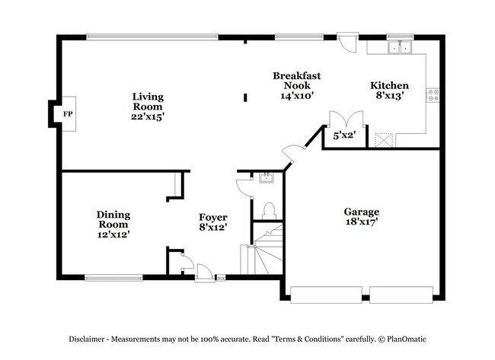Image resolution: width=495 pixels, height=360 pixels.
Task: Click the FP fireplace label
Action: click(68, 114)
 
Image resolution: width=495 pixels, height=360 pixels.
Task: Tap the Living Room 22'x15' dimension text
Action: click(148, 116)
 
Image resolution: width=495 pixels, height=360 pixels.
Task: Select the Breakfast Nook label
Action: click(297, 81)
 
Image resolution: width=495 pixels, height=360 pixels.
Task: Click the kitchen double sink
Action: click(400, 47)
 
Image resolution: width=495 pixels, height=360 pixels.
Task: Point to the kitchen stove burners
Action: click(433, 95)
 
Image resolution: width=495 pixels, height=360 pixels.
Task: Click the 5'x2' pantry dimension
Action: click(345, 135)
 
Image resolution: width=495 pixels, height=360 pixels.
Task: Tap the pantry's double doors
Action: click(346, 119)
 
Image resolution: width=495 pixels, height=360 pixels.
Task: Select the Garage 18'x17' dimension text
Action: click(362, 221)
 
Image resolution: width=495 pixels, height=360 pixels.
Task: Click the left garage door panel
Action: click(326, 295)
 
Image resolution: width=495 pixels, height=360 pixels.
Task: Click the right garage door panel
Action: click(401, 295)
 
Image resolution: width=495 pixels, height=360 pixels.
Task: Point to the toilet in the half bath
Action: click(269, 211)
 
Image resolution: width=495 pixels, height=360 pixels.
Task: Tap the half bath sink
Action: click(267, 178)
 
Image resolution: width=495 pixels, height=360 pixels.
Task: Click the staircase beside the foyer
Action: click(261, 249)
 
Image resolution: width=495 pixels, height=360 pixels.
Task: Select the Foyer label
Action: click(213, 218)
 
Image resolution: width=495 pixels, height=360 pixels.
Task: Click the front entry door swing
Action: click(204, 272)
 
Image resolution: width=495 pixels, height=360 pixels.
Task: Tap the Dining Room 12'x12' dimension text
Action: click(113, 234)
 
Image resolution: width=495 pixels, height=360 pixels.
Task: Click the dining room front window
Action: click(113, 278)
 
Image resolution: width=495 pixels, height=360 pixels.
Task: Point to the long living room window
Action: click(152, 37)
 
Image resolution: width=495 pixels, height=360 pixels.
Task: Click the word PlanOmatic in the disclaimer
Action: click(407, 339)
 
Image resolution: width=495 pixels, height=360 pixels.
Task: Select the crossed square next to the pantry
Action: click(384, 140)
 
